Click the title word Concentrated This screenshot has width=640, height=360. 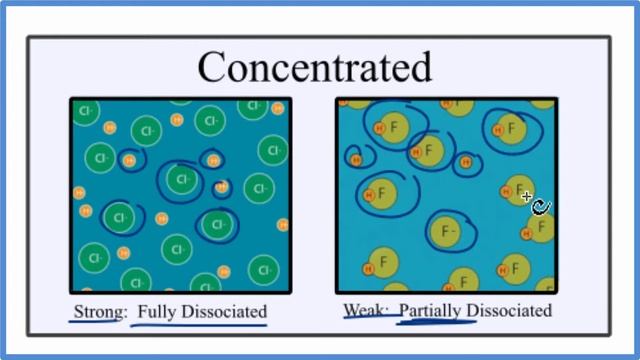314,67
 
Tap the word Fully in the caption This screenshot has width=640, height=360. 156,310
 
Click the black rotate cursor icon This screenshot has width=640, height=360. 541,207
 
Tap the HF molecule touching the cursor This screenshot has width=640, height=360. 516,189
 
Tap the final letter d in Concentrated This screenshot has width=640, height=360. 420,67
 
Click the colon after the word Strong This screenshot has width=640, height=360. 125,312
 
